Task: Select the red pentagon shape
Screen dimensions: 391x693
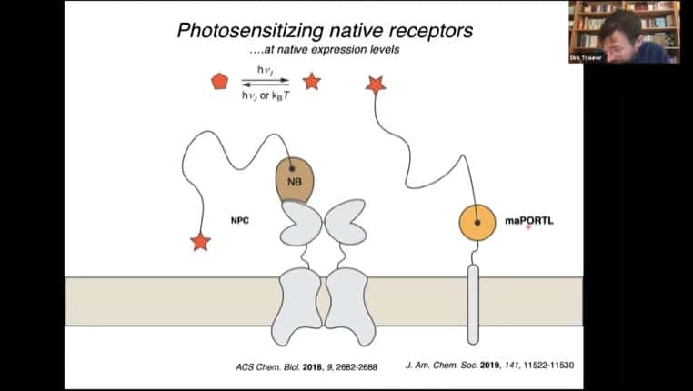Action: point(219,82)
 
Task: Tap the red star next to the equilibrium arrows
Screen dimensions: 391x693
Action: point(311,82)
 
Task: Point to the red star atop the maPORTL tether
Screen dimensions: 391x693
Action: point(375,85)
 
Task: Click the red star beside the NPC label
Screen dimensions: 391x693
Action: point(200,241)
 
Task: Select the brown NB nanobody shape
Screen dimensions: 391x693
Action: point(294,180)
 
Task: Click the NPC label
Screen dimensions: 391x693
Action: point(240,221)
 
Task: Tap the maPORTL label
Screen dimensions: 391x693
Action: point(528,221)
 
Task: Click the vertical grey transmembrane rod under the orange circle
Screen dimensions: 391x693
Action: point(473,305)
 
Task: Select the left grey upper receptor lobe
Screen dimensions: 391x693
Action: point(300,224)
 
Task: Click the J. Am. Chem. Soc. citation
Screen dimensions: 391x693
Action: point(488,366)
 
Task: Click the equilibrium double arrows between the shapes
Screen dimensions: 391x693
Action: point(265,82)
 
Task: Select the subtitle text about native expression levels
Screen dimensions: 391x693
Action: point(324,49)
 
